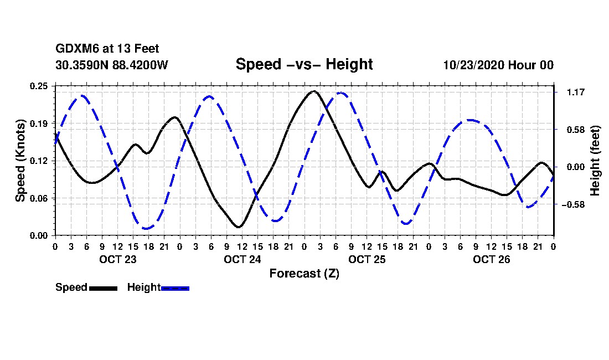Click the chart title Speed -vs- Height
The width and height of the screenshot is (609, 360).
304,64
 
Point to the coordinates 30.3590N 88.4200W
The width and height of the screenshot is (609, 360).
112,65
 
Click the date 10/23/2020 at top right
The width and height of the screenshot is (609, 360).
474,65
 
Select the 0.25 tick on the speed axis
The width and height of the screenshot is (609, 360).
39,86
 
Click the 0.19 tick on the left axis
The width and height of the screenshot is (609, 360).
39,124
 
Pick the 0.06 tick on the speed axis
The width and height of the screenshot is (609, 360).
39,198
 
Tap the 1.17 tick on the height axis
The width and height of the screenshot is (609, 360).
576,92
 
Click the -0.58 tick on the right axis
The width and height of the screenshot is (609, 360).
573,204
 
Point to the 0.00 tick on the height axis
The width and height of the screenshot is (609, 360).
576,167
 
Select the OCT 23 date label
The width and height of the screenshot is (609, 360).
118,259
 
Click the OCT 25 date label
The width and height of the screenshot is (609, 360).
367,259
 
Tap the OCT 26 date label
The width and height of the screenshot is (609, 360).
491,259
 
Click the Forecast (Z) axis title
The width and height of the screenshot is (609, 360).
304,274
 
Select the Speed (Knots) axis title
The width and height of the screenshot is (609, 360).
20,161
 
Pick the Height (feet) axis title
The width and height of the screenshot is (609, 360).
595,161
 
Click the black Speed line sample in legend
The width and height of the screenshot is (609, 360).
103,288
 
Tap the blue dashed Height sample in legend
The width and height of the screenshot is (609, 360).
175,288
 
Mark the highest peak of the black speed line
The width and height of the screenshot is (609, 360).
314,91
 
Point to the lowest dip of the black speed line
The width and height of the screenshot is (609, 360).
239,227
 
